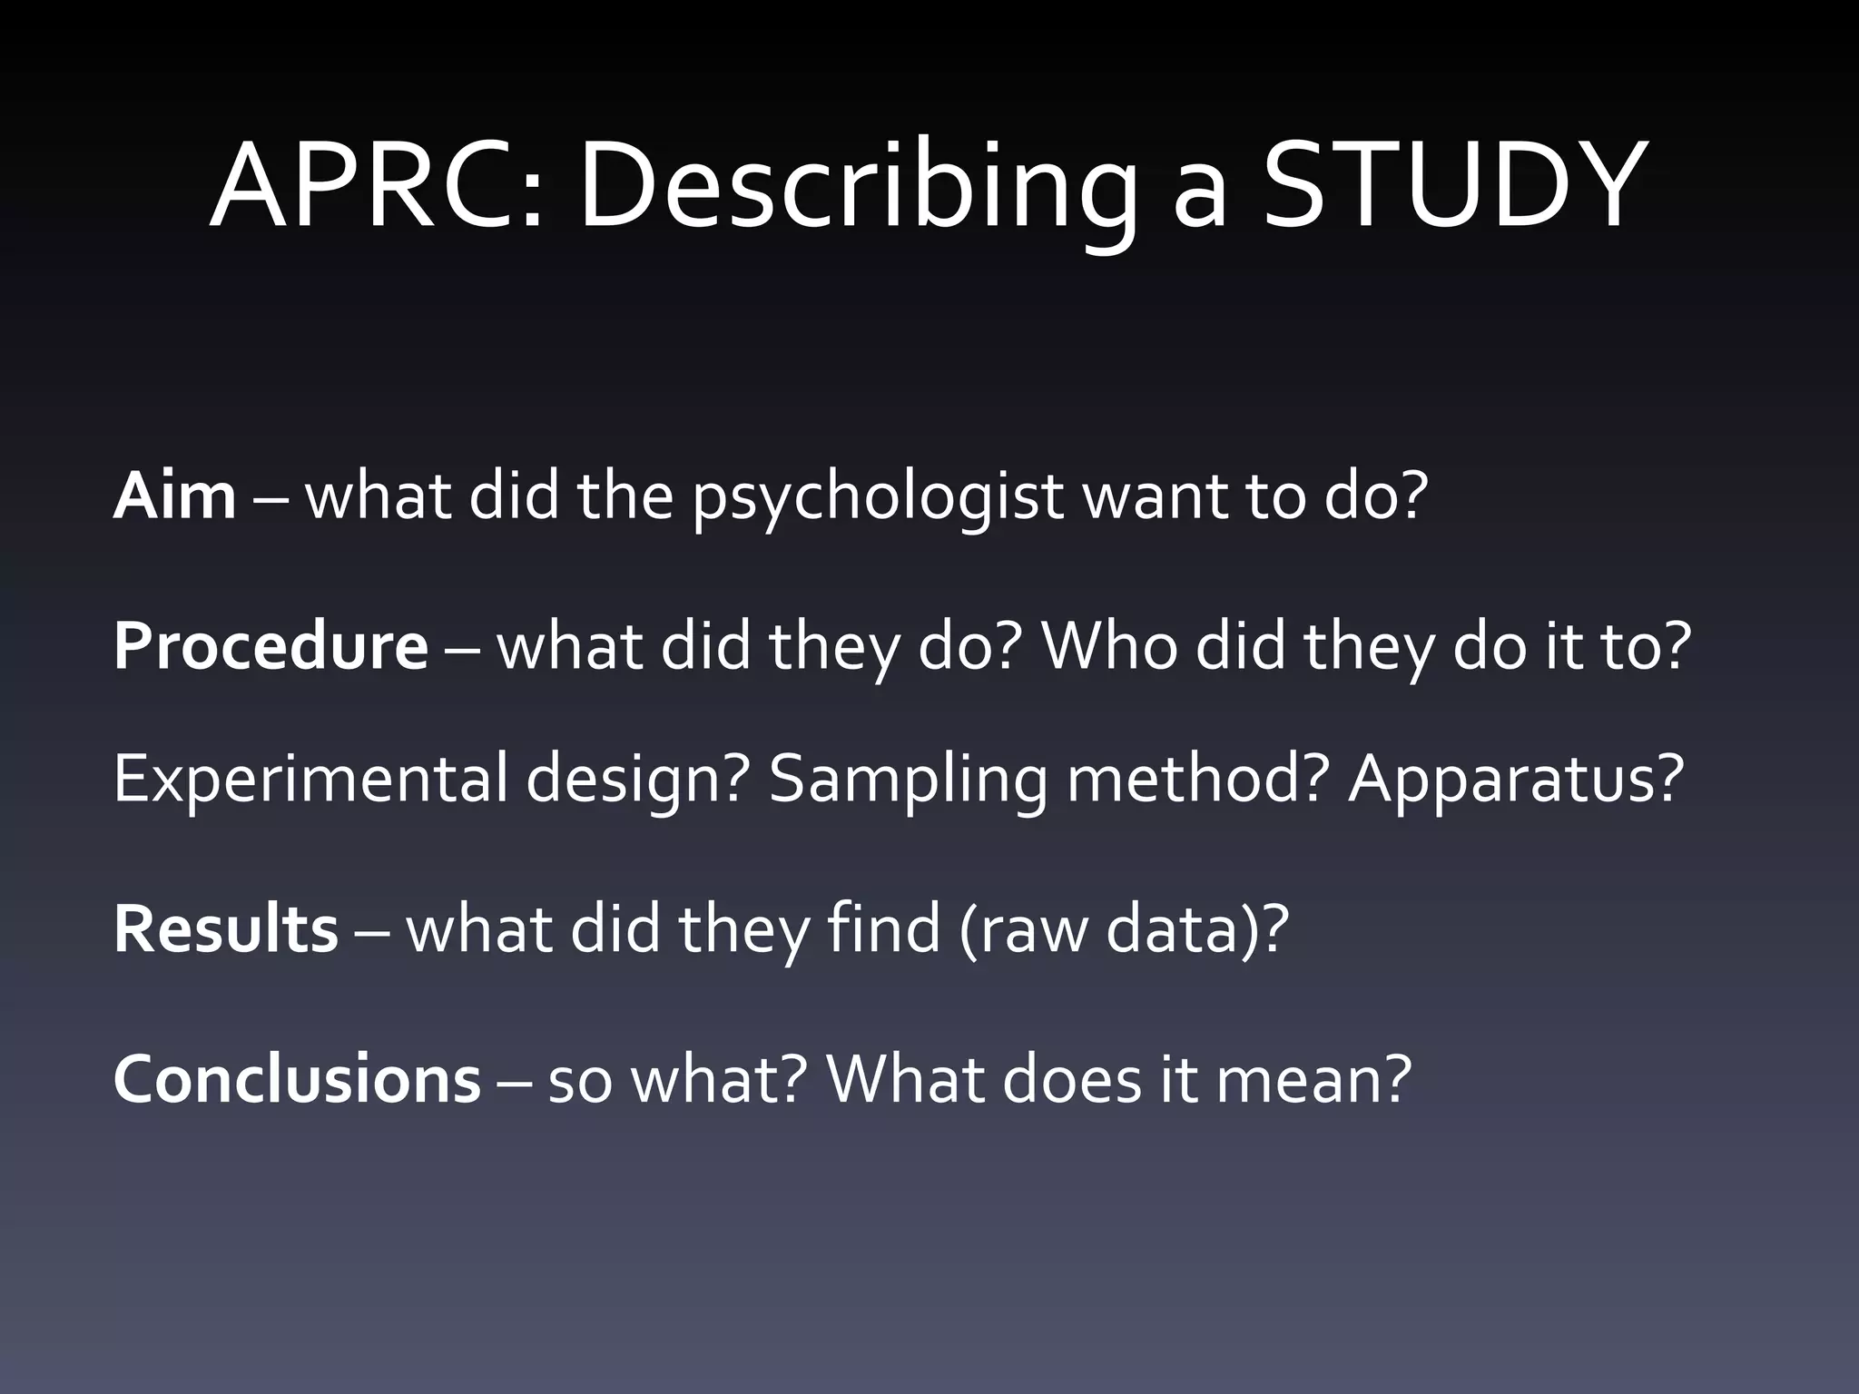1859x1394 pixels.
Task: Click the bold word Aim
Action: click(x=174, y=496)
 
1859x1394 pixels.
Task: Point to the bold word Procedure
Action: click(x=270, y=647)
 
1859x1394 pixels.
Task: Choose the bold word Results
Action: click(x=225, y=929)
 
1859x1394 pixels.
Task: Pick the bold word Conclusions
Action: click(x=297, y=1079)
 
